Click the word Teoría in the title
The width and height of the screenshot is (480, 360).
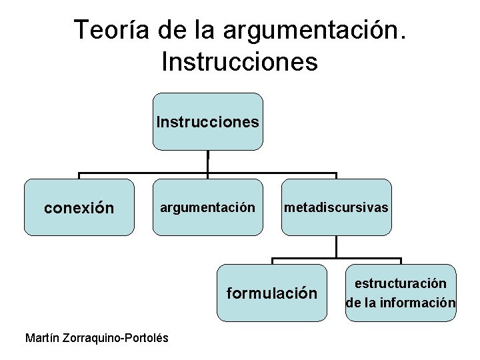pos(113,30)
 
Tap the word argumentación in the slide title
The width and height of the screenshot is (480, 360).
pos(313,30)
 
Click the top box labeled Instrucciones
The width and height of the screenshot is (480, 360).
pos(208,122)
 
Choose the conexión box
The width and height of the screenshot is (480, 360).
pos(79,208)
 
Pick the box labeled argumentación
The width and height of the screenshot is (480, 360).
pos(207,208)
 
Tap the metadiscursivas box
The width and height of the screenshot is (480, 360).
pos(336,208)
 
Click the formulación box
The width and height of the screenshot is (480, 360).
pos(272,293)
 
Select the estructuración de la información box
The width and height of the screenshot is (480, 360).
pos(401,293)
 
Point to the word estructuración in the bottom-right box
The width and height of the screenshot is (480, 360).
pos(401,284)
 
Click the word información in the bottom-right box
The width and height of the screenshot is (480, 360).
pos(419,303)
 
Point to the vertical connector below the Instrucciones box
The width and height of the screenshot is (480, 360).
pos(208,162)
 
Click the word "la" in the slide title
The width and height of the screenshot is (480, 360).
pos(206,30)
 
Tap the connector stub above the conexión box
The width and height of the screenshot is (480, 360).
pos(79,176)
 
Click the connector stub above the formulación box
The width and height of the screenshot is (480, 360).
pos(272,261)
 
